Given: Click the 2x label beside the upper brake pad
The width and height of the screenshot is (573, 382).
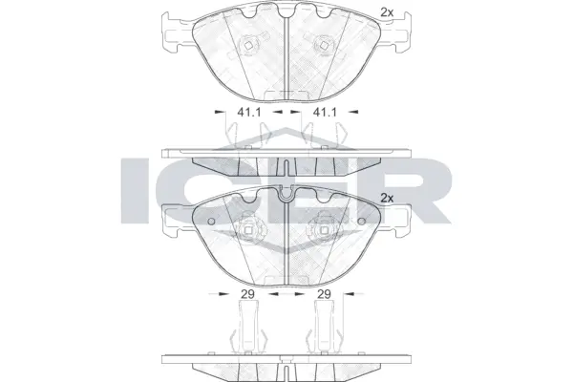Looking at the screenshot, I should pyautogui.click(x=387, y=11).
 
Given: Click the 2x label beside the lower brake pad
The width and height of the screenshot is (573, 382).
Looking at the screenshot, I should pyautogui.click(x=387, y=198).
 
